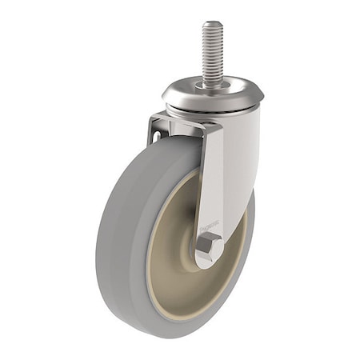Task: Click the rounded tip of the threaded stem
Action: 213,25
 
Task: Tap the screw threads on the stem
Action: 213,52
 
